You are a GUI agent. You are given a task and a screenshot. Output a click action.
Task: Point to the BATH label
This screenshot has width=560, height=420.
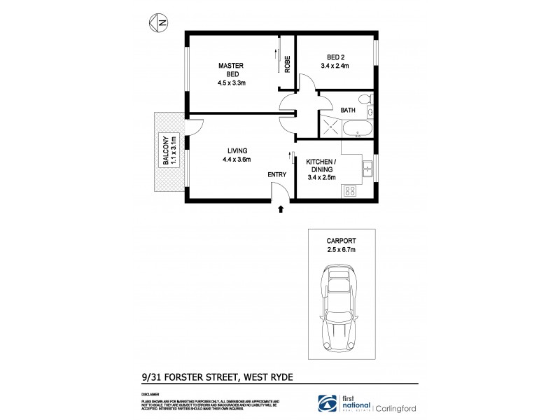point(348,110)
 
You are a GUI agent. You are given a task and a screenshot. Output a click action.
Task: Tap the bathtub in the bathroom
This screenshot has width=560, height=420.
point(356,129)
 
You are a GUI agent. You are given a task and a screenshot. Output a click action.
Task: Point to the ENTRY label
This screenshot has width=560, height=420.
point(277,175)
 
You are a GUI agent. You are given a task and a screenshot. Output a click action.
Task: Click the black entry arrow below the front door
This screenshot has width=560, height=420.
point(281,208)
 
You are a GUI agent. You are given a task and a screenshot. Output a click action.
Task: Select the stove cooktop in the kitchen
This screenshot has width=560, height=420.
point(349,190)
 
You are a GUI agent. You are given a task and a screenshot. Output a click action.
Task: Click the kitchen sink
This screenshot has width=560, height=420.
point(366,167)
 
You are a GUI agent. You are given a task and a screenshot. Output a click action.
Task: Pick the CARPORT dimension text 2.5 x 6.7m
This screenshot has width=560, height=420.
point(342,248)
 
